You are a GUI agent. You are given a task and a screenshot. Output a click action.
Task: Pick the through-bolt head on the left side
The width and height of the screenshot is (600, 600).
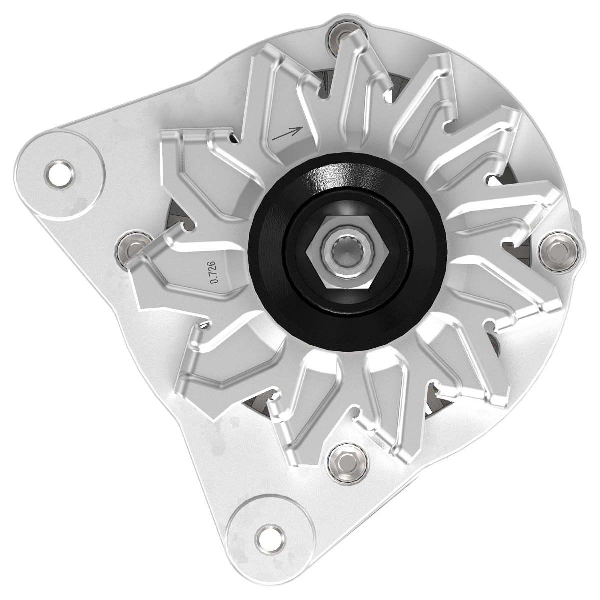(131, 247)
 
